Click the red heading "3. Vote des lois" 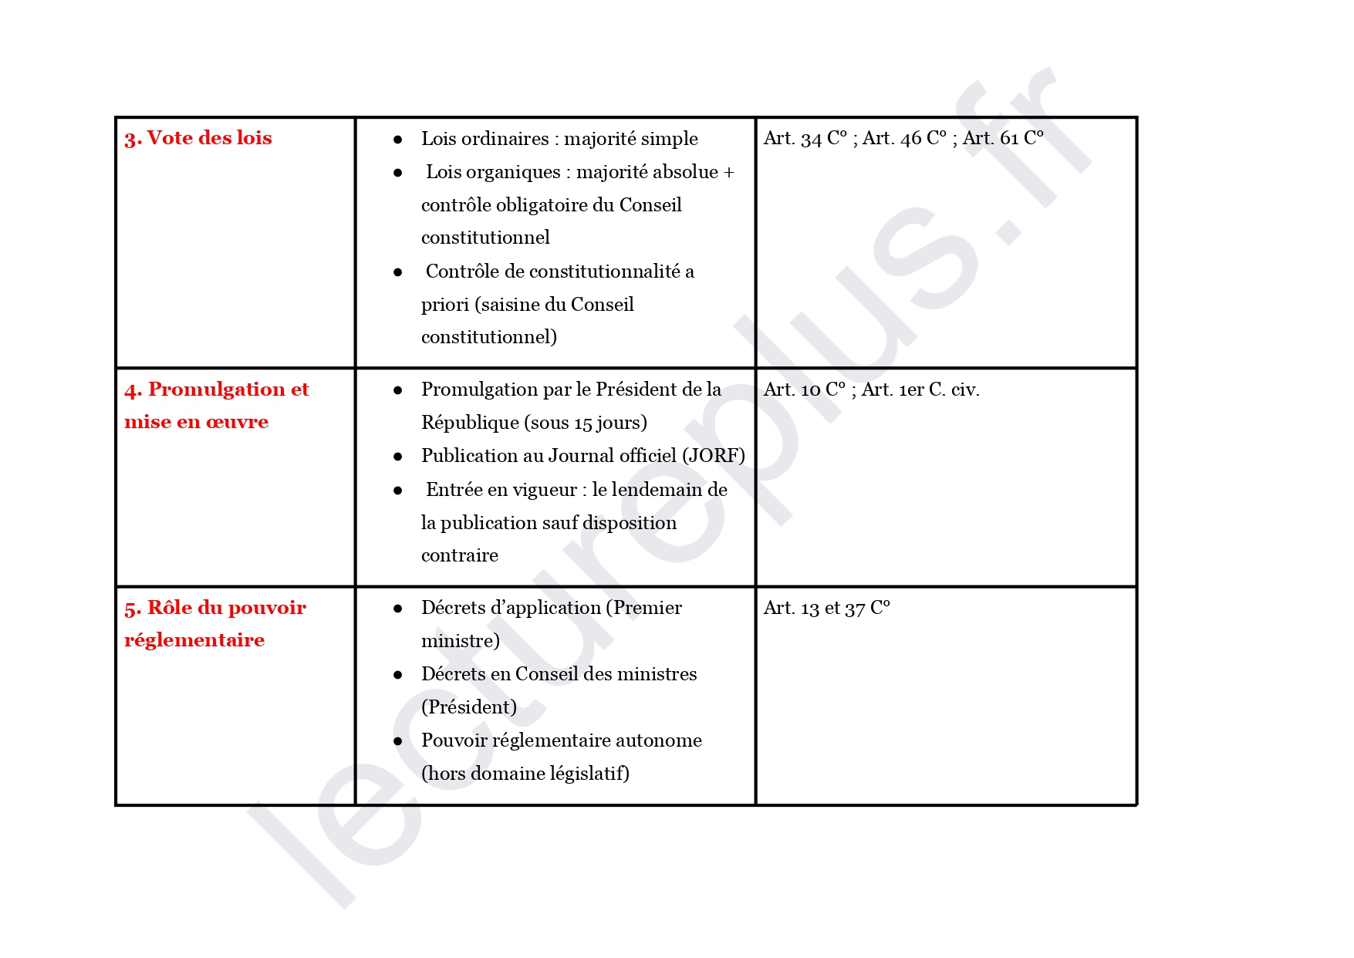[x=198, y=138]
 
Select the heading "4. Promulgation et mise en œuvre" [x=216, y=405]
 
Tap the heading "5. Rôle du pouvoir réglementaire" [x=214, y=623]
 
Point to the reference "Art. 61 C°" [x=1003, y=138]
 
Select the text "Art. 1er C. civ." [x=920, y=390]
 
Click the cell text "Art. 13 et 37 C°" [x=826, y=608]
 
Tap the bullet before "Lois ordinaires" [x=398, y=140]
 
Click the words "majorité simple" [x=630, y=139]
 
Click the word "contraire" [x=460, y=555]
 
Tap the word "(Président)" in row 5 [x=469, y=707]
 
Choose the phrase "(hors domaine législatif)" [x=525, y=774]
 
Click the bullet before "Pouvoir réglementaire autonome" [x=398, y=741]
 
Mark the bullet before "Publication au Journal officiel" [x=398, y=457]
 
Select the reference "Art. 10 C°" [x=804, y=390]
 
